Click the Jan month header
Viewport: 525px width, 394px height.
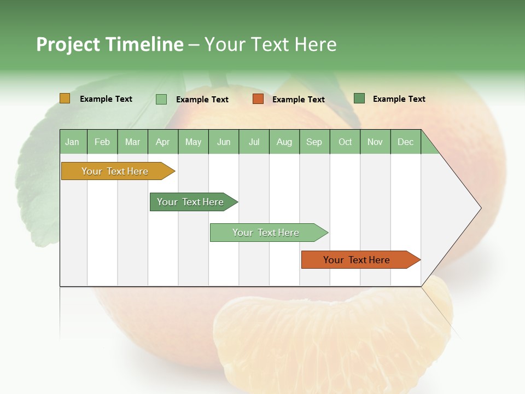point(73,142)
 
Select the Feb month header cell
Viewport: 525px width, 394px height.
point(102,142)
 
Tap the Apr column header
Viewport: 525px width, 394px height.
point(163,142)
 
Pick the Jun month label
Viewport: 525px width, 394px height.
point(224,142)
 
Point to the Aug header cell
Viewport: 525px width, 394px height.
point(284,142)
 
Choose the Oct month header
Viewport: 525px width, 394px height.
point(345,142)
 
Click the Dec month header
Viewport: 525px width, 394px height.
point(406,142)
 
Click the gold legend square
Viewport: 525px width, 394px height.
point(65,99)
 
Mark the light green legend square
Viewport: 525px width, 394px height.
point(161,99)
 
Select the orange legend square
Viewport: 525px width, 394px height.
point(258,99)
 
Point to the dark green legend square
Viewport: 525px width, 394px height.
point(359,99)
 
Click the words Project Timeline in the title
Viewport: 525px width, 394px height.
point(110,44)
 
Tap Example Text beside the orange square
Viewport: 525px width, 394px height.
point(299,100)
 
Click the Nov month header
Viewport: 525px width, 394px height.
point(375,142)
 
